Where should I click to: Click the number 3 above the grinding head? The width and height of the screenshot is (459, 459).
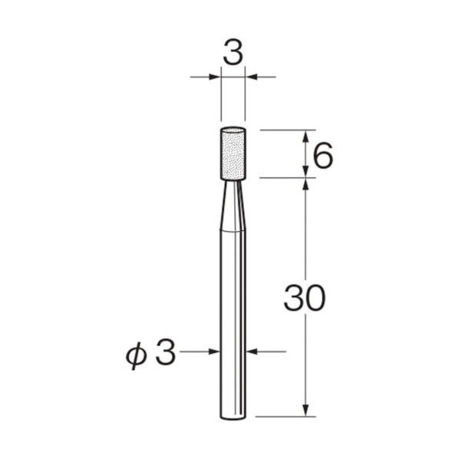233,54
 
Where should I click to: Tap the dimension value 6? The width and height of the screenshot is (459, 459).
323,155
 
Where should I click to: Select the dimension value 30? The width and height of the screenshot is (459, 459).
305,297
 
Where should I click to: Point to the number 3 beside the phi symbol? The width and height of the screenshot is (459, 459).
166,353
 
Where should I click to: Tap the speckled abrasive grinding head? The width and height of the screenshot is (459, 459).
233,154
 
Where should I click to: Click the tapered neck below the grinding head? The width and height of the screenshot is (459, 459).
233,206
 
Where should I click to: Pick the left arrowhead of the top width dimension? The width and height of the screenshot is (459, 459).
215,77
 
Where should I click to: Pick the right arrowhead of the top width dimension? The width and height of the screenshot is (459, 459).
251,77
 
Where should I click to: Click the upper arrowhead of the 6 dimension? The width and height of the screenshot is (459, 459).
305,136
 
